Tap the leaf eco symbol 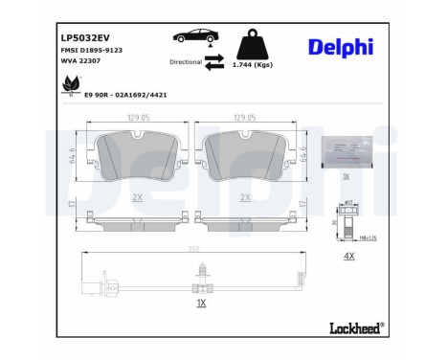tap(69, 86)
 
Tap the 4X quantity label tap(348, 256)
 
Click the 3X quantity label tap(346, 178)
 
